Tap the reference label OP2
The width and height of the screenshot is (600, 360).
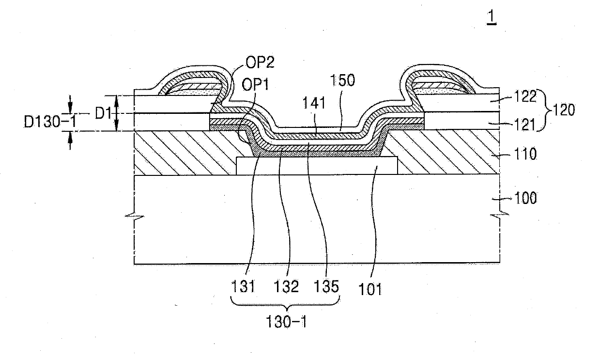click(x=260, y=63)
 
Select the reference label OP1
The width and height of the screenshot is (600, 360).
click(x=255, y=85)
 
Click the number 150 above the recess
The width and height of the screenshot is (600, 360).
click(x=342, y=80)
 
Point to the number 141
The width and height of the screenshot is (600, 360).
click(x=314, y=103)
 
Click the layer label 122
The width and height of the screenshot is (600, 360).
click(x=525, y=96)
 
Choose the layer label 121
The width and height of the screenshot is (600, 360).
click(x=525, y=125)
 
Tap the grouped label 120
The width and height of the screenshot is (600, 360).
click(x=564, y=110)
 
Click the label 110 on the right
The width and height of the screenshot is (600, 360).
click(x=525, y=154)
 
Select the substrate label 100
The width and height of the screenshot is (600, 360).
click(x=525, y=198)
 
